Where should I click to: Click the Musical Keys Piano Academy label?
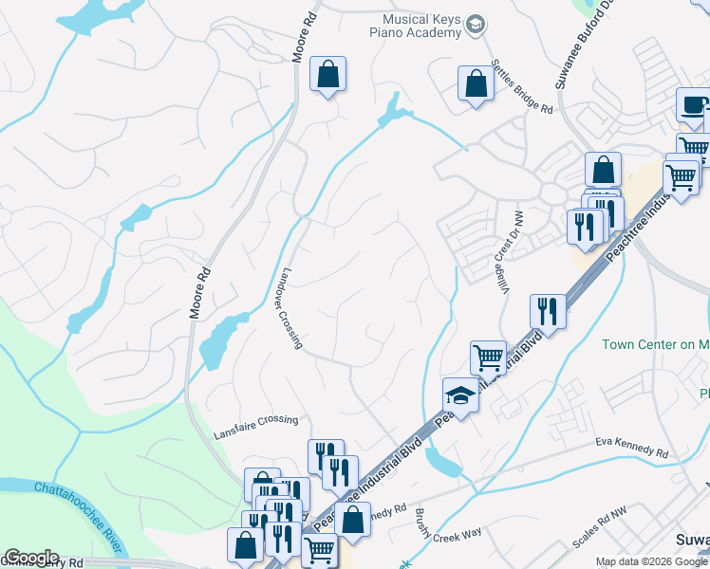click(420, 25)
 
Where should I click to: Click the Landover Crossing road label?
click(291, 306)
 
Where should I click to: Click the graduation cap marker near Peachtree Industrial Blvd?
click(460, 395)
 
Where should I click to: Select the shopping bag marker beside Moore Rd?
click(327, 74)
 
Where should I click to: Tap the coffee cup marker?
click(693, 104)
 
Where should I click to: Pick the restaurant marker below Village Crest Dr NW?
click(548, 309)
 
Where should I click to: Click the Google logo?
click(31, 558)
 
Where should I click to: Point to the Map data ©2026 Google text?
click(652, 561)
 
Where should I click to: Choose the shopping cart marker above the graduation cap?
click(488, 358)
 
